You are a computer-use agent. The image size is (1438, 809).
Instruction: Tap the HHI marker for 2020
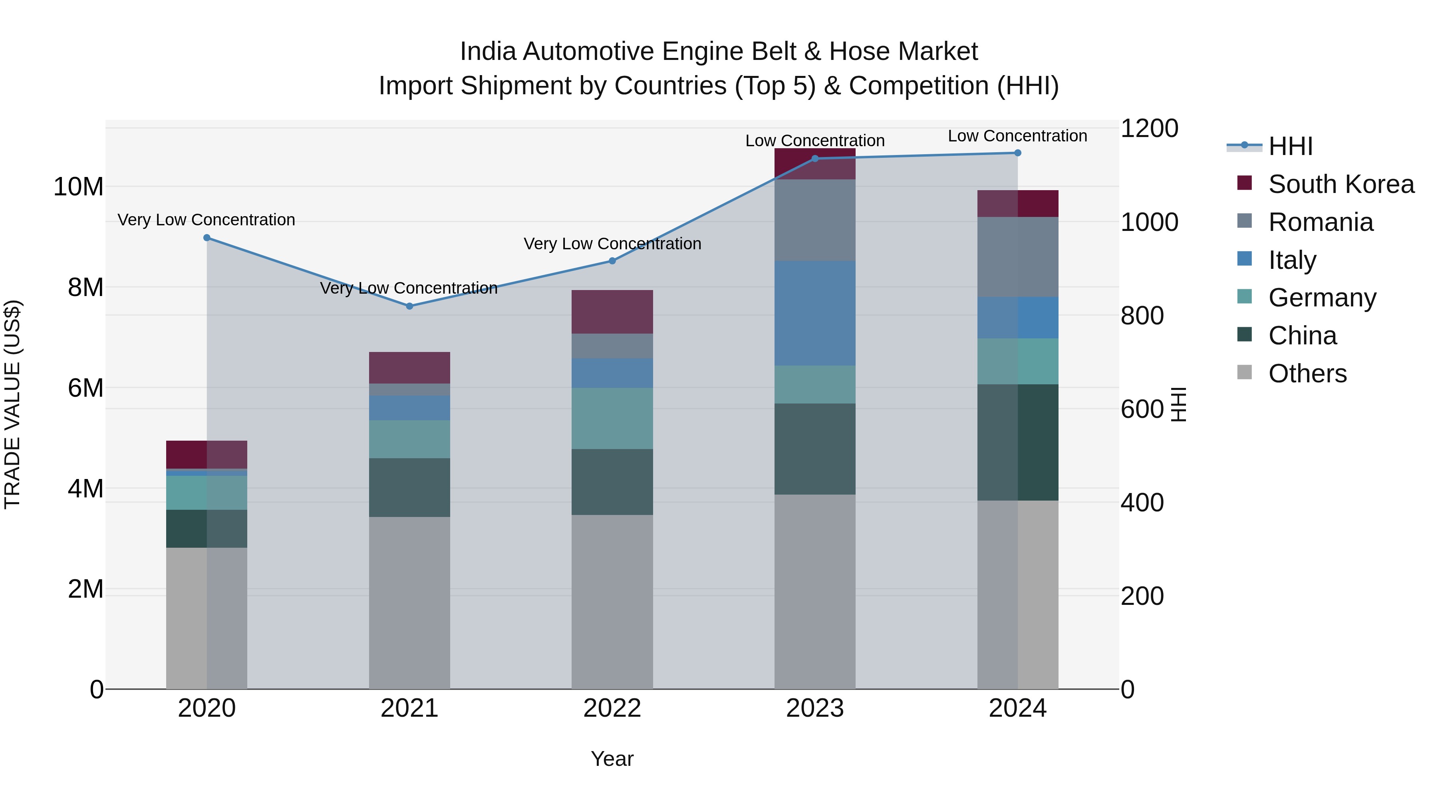click(x=207, y=238)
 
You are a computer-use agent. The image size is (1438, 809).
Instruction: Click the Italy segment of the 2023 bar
click(x=814, y=313)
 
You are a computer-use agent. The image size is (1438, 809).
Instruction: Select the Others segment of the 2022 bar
click(x=612, y=602)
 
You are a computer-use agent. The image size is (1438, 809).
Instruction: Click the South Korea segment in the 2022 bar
click(x=612, y=312)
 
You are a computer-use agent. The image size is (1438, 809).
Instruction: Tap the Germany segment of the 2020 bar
click(x=207, y=493)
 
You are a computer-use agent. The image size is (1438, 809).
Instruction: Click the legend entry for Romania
click(x=1320, y=222)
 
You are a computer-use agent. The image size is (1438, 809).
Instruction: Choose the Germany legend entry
click(x=1321, y=298)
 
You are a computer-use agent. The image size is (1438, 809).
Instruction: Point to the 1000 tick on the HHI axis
click(x=1149, y=222)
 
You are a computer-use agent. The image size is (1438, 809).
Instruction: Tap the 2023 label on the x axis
click(x=814, y=708)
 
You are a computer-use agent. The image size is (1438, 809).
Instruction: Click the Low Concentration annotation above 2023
click(x=814, y=141)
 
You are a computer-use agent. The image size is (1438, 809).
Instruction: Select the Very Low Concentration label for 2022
click(x=612, y=244)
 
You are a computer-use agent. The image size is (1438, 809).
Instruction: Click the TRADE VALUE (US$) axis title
click(x=13, y=404)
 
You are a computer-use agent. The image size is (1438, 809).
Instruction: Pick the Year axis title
click(x=612, y=759)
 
